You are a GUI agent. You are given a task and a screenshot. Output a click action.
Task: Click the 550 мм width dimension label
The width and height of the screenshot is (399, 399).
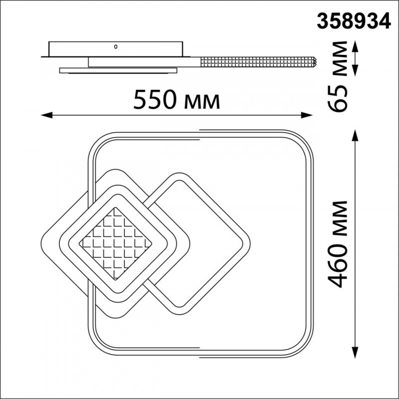176,101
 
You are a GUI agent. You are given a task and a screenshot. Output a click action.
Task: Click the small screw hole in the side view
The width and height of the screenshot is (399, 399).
116,47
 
